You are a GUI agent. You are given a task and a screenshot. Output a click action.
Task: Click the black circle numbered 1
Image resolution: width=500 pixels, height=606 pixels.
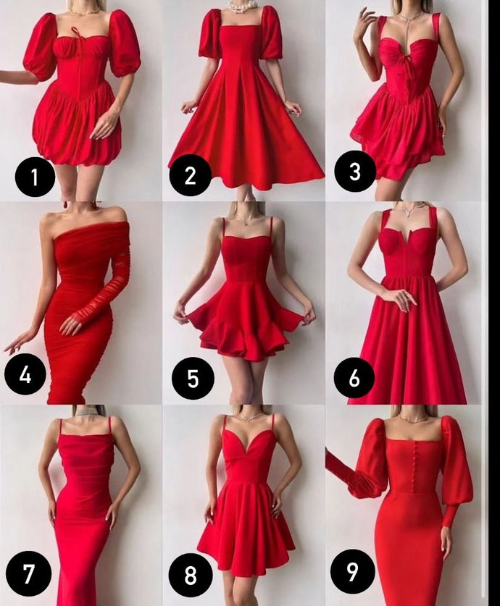click(35, 177)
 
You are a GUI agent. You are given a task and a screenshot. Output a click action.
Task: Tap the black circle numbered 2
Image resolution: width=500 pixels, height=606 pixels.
click(190, 176)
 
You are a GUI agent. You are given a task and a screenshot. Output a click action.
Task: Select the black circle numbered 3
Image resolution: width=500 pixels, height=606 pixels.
click(354, 171)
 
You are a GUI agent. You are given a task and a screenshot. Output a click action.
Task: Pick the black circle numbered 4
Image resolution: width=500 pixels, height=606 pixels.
click(25, 374)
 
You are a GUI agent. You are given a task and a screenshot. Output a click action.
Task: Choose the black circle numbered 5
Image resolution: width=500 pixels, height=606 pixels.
click(193, 378)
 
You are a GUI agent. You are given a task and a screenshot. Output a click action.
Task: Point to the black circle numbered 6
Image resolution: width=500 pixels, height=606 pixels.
click(354, 378)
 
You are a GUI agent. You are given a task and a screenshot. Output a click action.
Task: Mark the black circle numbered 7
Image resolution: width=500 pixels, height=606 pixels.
click(28, 574)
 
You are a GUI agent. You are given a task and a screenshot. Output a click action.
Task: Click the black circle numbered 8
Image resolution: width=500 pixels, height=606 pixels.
click(191, 575)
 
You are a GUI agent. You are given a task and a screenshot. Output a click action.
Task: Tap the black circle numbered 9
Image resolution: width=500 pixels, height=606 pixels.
click(352, 571)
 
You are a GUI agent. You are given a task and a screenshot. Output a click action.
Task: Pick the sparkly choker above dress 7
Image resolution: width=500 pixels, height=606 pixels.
click(83, 412)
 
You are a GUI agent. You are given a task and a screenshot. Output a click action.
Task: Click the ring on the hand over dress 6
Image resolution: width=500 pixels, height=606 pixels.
click(407, 295)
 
